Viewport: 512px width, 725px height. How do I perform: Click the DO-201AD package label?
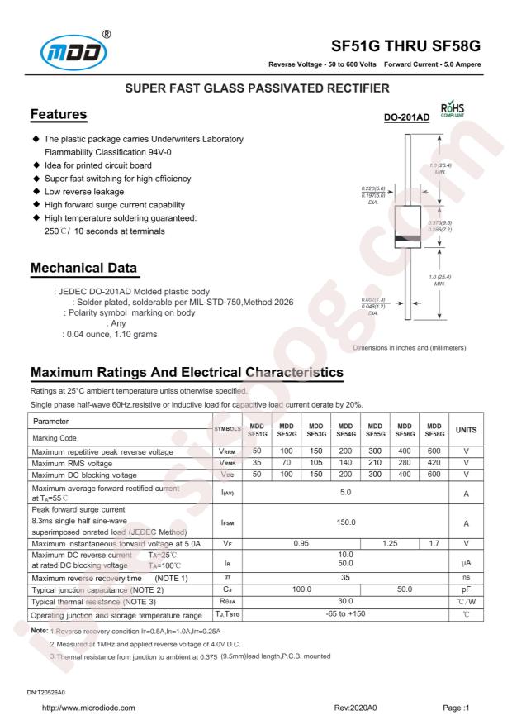click(x=407, y=118)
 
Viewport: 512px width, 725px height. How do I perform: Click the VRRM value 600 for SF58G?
click(x=434, y=452)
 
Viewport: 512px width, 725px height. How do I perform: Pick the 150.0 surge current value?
click(x=344, y=522)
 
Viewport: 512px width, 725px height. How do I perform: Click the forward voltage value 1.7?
click(x=434, y=546)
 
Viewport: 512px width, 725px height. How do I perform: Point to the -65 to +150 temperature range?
click(x=344, y=615)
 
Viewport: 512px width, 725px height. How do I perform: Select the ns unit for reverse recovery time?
click(x=467, y=577)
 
